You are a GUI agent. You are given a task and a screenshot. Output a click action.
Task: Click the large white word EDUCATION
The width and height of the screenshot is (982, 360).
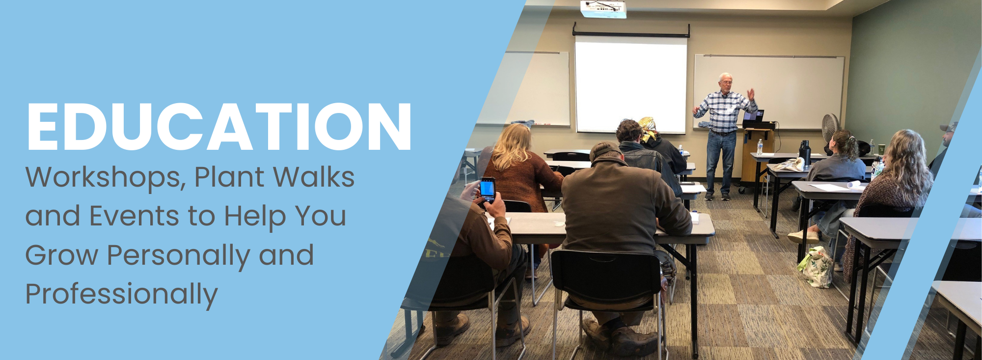point(219,127)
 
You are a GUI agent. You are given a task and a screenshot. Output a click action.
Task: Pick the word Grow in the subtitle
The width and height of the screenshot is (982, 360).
point(62,255)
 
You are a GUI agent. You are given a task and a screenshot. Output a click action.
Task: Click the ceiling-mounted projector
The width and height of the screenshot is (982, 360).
point(603,8)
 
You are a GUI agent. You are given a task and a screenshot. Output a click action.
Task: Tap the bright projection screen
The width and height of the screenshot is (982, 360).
point(631,85)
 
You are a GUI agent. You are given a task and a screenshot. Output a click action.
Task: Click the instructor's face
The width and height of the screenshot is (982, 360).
point(725,83)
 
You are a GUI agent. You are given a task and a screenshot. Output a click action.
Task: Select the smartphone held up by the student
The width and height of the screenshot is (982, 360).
point(488,189)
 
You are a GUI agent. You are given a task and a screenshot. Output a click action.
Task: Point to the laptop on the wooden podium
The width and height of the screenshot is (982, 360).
point(753,117)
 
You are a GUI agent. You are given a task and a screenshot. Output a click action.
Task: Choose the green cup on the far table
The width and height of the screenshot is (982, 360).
point(882,149)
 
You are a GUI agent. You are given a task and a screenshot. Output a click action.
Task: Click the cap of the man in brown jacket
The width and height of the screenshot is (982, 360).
point(605,150)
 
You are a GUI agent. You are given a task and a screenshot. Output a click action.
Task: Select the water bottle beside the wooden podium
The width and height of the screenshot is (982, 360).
point(760,147)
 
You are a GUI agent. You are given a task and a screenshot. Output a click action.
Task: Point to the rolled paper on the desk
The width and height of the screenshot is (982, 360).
point(854,185)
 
